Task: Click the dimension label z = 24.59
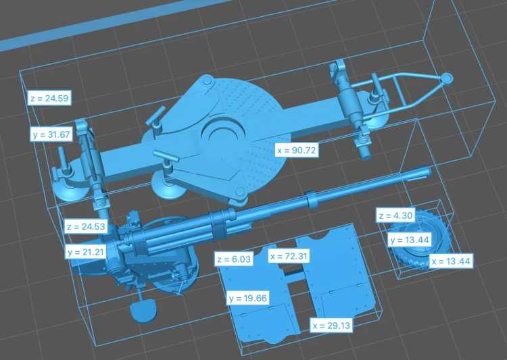(49, 97)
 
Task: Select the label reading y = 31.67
(52, 134)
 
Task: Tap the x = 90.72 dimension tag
(297, 150)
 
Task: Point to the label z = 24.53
(87, 226)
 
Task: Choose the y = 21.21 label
(87, 251)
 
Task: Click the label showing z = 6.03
(234, 259)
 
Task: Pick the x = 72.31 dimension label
(289, 256)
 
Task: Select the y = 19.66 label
(248, 298)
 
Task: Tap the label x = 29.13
(331, 326)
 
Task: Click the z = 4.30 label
(395, 215)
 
